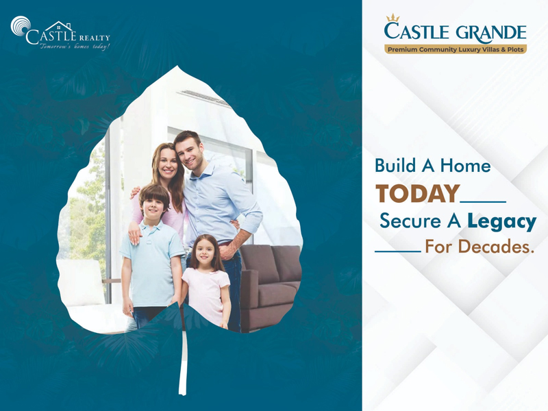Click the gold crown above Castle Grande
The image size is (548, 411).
pos(393,18)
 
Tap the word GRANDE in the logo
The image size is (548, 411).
pos(491,32)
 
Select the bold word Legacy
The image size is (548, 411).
pos(501,222)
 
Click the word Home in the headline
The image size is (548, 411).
pos(465,165)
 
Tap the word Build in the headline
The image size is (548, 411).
pos(395,165)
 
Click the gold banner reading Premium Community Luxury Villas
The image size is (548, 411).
pos(456,49)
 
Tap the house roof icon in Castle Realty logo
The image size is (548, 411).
pos(60,26)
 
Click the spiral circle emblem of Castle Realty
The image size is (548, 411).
pos(21,26)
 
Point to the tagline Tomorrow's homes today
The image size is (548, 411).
pos(75,47)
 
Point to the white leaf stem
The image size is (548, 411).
pos(183,364)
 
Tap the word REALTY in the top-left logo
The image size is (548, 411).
pos(95,38)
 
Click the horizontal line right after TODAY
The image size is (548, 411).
pos(484,201)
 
